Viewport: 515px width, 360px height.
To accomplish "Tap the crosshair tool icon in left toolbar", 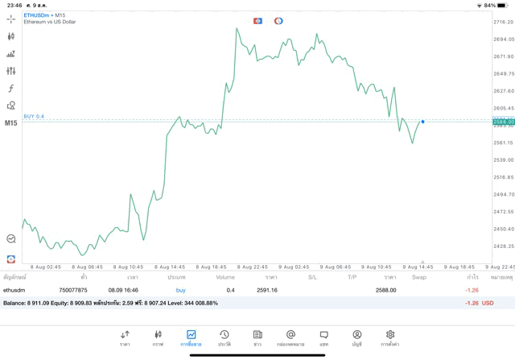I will tap(11, 19).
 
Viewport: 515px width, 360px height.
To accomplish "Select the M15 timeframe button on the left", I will tap(11, 123).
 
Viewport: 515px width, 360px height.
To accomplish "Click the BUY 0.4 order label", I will tap(34, 116).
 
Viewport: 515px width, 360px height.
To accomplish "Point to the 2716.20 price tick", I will tap(503, 23).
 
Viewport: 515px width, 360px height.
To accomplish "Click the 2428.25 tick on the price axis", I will tap(503, 246).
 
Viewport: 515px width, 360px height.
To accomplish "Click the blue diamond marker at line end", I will tap(422, 122).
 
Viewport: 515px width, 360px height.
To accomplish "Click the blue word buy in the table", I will tap(181, 290).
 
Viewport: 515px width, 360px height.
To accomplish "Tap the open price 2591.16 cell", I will tap(266, 290).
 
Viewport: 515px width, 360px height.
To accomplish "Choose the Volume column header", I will tap(225, 277).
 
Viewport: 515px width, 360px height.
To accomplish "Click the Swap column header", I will tap(419, 277).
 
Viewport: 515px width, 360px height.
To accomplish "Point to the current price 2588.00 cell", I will tap(385, 290).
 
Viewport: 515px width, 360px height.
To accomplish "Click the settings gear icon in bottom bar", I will tap(390, 335).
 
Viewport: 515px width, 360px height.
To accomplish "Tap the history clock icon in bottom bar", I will tap(225, 335).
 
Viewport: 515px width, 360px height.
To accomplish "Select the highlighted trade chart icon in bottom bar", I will tap(191, 335).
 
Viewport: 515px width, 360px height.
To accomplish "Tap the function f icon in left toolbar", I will tap(11, 89).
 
